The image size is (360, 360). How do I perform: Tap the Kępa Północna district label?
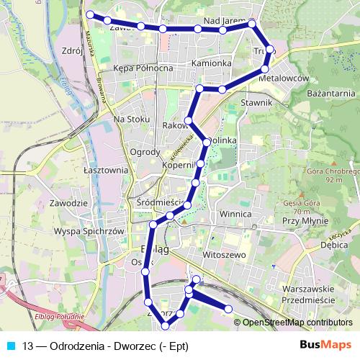tap(144, 68)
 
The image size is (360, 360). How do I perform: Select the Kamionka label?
tap(212, 63)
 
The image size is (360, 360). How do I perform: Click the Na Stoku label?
tap(132, 119)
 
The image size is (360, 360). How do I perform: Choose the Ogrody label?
tap(145, 152)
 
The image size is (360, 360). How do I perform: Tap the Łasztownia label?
tap(105, 170)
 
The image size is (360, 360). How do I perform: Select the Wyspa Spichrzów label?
tap(90, 232)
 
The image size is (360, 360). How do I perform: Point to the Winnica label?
tap(235, 215)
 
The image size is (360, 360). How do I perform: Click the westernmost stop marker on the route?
tap(90, 14)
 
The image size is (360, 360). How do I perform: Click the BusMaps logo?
tap(325, 345)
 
